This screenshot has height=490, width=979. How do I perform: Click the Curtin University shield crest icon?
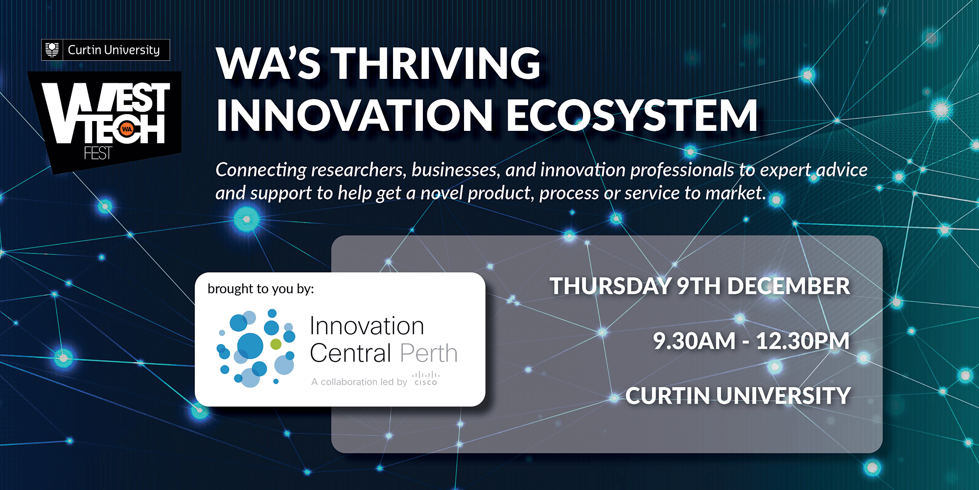[52, 50]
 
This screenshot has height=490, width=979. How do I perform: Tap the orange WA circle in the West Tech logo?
[127, 129]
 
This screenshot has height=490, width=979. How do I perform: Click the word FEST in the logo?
[98, 153]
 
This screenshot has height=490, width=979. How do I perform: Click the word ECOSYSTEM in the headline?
[632, 116]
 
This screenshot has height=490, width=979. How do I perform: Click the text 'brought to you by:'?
[261, 289]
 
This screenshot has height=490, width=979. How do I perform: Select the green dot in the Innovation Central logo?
[276, 344]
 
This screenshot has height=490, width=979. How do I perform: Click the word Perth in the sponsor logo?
[429, 353]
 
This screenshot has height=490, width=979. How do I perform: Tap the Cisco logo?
[426, 378]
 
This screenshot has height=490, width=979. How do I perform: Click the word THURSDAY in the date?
[610, 286]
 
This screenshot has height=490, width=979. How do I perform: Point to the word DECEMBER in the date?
[789, 286]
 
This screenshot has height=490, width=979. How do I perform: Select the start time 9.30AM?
[694, 341]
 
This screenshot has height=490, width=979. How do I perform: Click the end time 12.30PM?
[803, 341]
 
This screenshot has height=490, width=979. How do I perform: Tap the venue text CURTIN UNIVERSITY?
[738, 396]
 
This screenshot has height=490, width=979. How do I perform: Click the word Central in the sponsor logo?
[351, 353]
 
